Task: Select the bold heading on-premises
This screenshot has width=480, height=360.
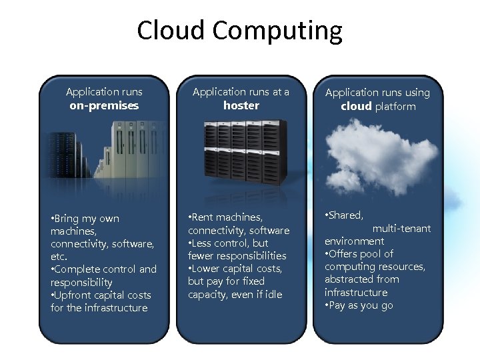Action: [x=104, y=105]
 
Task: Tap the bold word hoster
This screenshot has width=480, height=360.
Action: [x=241, y=105]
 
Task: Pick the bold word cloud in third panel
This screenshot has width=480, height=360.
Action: [x=356, y=107]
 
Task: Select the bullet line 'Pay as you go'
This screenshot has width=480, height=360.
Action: [x=361, y=305]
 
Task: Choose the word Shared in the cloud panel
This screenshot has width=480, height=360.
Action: [x=346, y=215]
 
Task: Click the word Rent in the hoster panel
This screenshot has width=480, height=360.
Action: [x=205, y=217]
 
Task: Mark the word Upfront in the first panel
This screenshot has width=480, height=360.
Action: [x=75, y=295]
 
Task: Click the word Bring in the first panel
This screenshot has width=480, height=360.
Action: [x=67, y=219]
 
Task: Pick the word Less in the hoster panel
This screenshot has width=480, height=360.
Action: [x=203, y=243]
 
